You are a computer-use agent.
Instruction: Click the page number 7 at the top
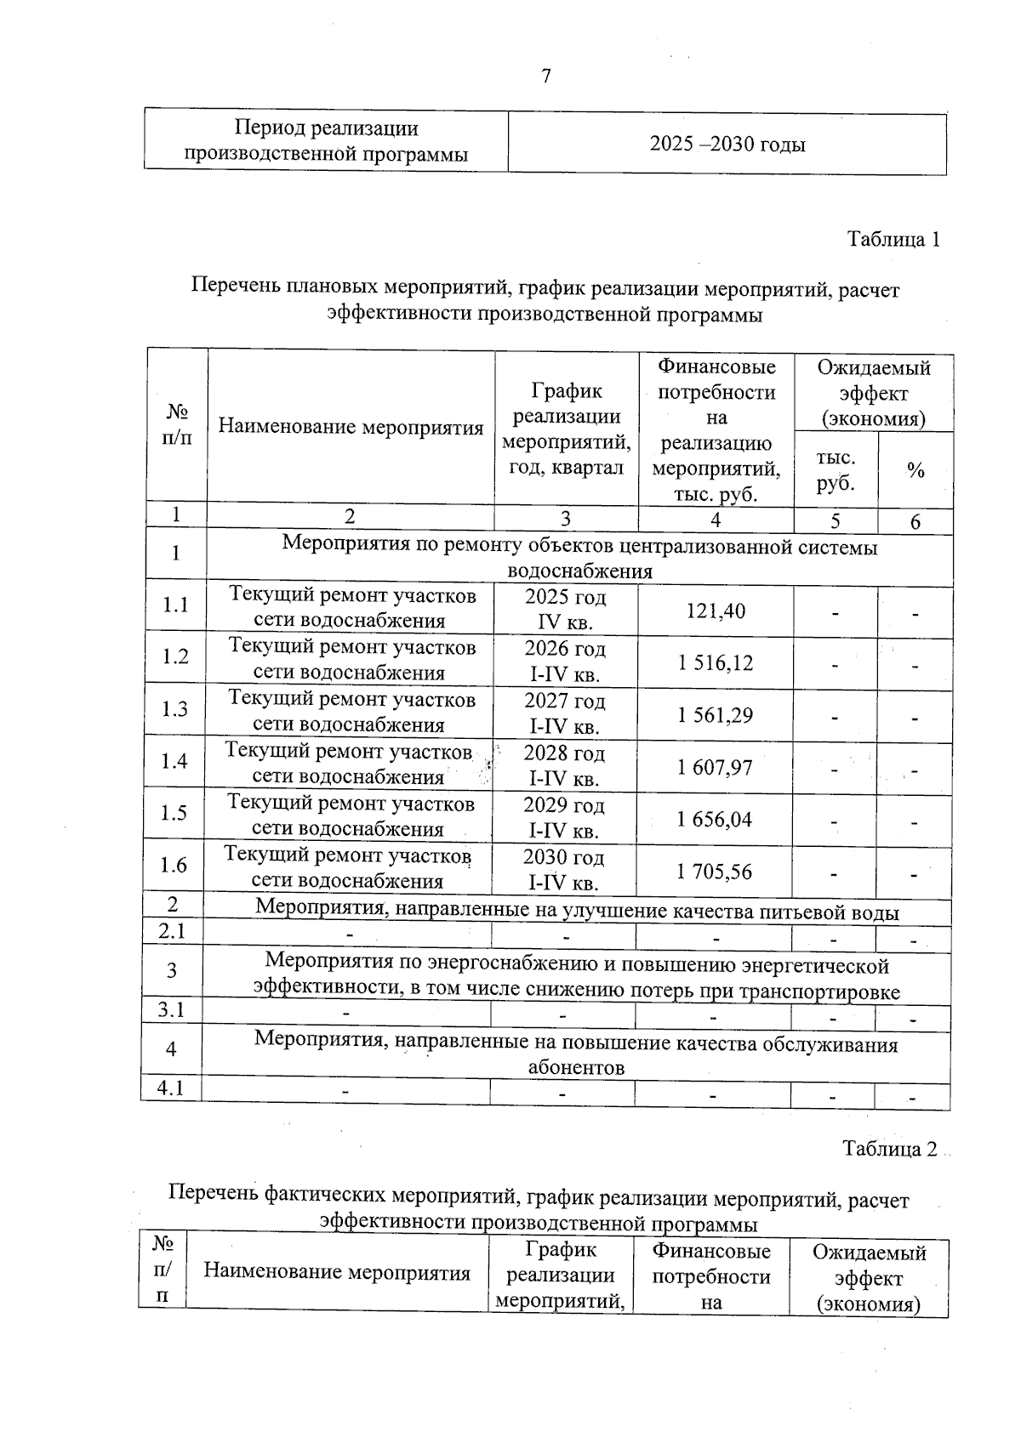click(546, 77)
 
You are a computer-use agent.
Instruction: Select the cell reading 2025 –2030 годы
click(727, 145)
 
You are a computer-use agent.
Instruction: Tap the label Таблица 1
click(893, 240)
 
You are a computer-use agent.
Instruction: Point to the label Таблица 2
click(890, 1150)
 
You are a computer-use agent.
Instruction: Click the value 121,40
click(716, 611)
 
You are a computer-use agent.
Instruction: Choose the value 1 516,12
click(716, 663)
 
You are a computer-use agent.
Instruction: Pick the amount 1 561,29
click(716, 715)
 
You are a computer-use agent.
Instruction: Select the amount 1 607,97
click(716, 768)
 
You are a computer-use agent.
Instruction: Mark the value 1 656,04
click(716, 820)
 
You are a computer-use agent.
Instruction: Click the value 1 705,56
click(716, 872)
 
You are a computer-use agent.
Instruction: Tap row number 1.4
click(174, 761)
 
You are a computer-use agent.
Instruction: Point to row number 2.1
click(172, 932)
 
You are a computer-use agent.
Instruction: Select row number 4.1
click(171, 1088)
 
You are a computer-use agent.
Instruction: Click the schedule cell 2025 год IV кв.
click(565, 610)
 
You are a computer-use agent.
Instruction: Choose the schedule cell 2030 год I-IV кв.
click(564, 870)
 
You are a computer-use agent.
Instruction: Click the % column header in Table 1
click(915, 471)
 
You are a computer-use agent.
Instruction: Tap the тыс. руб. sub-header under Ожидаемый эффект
click(836, 471)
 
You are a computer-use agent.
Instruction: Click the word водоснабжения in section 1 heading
click(579, 571)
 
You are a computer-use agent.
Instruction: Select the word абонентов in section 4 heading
click(576, 1068)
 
